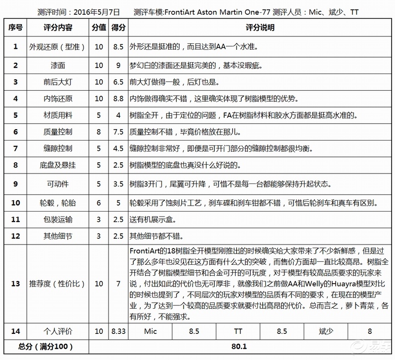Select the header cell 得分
pos(118,28)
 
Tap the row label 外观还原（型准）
pos(58,47)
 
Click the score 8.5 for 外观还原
pos(118,47)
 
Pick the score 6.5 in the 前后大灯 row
pos(118,82)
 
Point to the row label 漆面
pos(58,65)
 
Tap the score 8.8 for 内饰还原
pos(118,99)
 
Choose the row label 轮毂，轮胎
pos(58,202)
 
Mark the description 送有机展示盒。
pos(156,219)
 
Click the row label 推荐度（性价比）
pos(58,283)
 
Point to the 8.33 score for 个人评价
pos(118,331)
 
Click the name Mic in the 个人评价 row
pos(150,331)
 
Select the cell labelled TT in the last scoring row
pos(238,331)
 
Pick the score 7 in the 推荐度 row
pos(118,283)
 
